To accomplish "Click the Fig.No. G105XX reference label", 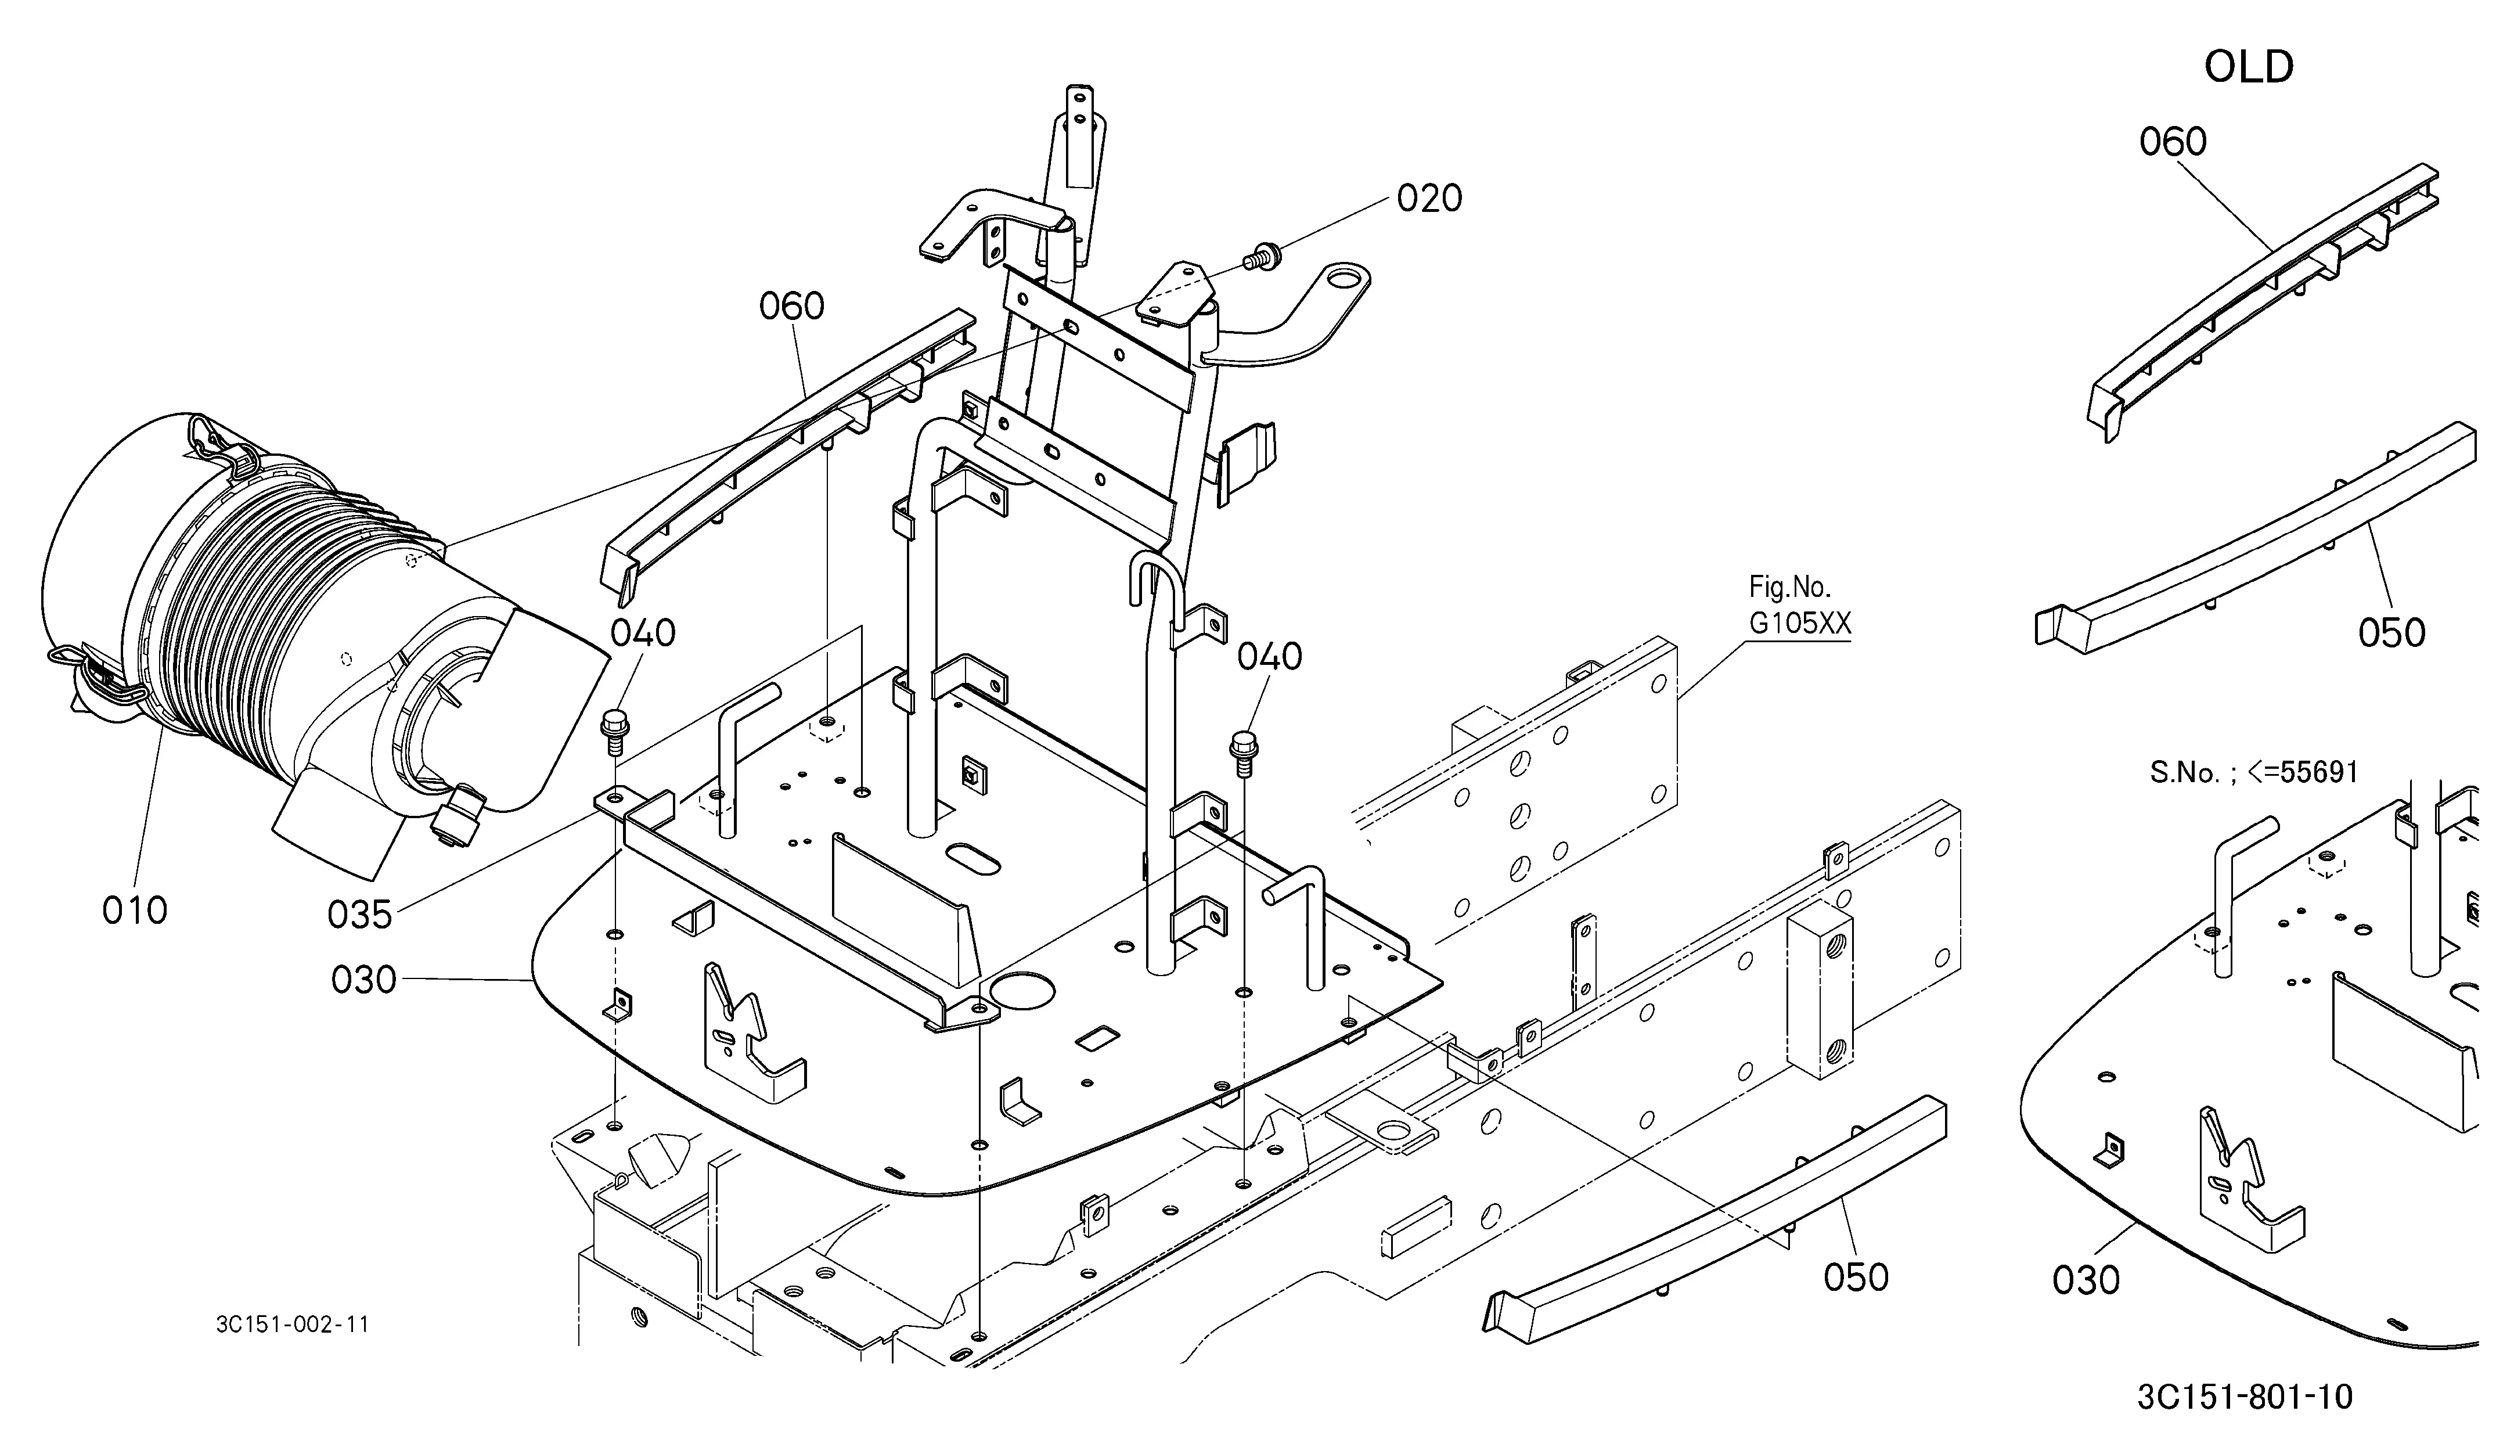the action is (1799, 605).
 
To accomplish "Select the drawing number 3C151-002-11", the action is (292, 1325).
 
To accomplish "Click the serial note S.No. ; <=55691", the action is (2253, 772).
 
